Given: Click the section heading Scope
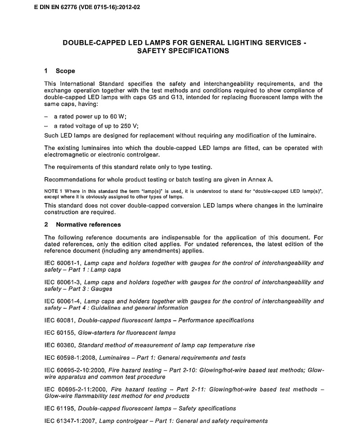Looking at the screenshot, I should coord(65,71).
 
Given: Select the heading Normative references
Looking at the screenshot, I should coord(88,225).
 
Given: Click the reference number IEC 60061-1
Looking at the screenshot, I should coord(62,263).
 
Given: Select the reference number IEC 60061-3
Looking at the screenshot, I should coord(62,282).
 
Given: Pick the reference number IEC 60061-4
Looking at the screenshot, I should coord(62,301).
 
